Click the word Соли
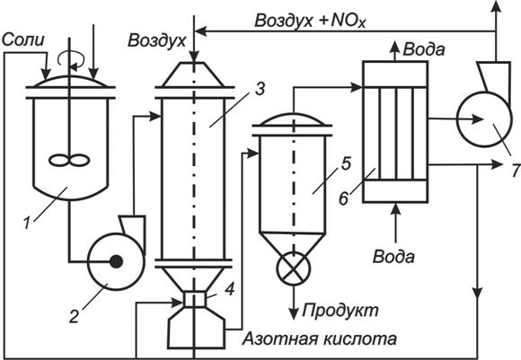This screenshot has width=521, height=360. coord(23,40)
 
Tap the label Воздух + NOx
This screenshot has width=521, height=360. coord(310,22)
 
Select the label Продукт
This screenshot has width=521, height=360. coord(340,311)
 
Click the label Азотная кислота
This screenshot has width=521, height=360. coord(320,339)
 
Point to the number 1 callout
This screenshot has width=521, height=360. coord(27,223)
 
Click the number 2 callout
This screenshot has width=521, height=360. coord(74,316)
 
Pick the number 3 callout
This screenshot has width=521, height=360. coord(260,89)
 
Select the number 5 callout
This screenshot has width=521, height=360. coord(346,163)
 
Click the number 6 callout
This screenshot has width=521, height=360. coord(343,198)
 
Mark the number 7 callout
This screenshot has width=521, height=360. coord(516,171)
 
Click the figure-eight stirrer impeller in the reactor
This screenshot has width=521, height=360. coord(69,161)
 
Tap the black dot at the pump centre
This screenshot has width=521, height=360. coord(116,261)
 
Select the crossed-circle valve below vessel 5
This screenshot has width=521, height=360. coord(294,268)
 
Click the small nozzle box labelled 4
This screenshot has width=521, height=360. coord(195,299)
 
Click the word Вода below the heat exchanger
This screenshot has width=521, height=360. coord(393,257)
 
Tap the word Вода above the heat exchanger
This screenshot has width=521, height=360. coord(424,49)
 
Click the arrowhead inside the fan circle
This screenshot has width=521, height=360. coord(477,119)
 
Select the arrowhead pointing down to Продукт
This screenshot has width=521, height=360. coord(294,313)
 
